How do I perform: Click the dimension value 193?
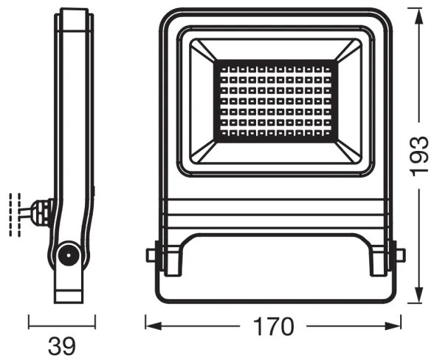(x=418, y=154)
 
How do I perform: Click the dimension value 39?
(x=62, y=346)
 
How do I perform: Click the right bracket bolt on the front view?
(x=399, y=255)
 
